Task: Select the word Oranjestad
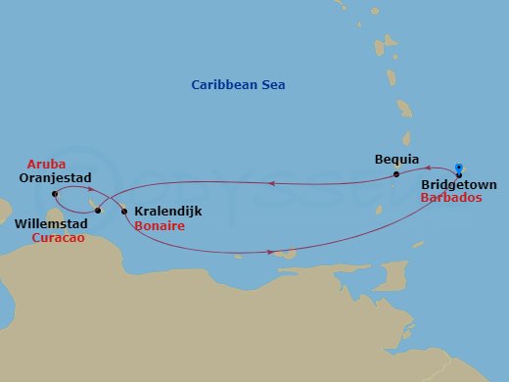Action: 55,178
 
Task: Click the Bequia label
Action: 396,159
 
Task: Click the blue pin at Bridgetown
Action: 459,167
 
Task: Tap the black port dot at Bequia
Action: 396,175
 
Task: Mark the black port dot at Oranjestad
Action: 55,194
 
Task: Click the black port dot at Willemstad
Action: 97,210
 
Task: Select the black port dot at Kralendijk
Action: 123,212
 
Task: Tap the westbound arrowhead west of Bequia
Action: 270,182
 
